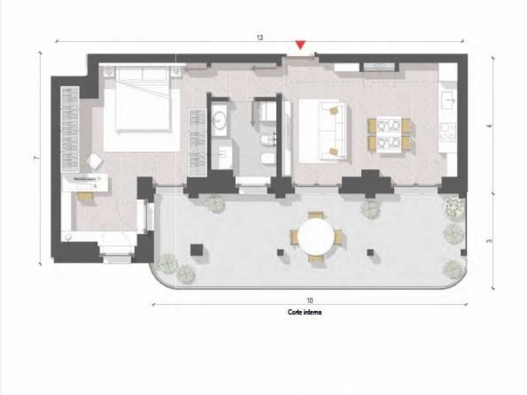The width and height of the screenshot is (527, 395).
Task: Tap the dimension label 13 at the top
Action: (x=260, y=37)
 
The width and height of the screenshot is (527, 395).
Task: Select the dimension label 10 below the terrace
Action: (x=309, y=300)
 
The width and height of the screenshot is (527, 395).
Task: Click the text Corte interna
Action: (x=305, y=312)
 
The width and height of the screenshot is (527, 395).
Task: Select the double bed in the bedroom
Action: (x=142, y=98)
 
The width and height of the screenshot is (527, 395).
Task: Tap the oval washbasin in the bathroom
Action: (x=221, y=120)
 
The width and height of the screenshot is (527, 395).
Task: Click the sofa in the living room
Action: (x=332, y=131)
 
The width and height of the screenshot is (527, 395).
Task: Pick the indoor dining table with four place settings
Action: (x=389, y=134)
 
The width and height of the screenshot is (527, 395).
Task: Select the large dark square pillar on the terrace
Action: (x=197, y=250)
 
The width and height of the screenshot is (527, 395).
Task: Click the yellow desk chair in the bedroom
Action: (x=85, y=196)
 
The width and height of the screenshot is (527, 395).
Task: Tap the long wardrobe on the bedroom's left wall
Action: (x=70, y=130)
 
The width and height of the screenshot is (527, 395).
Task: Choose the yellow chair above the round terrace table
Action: (x=316, y=215)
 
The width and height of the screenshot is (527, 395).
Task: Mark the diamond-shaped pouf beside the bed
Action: (x=94, y=161)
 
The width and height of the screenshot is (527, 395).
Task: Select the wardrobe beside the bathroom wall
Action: (x=197, y=142)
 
